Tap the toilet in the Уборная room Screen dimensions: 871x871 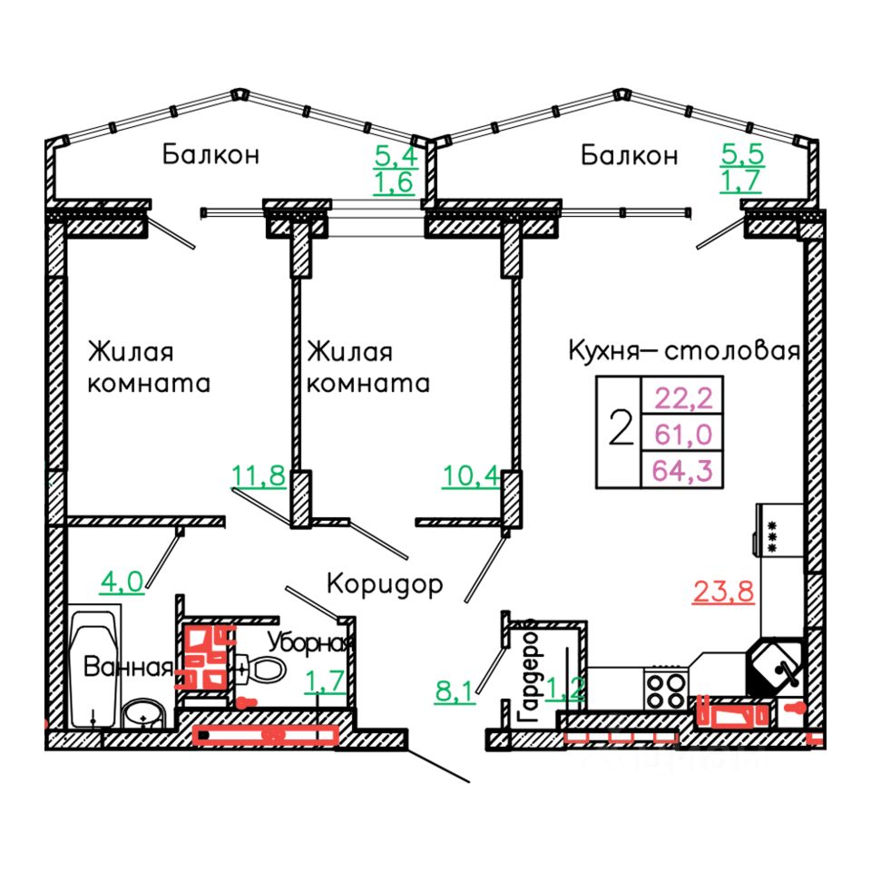262,670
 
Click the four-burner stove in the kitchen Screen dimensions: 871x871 668,689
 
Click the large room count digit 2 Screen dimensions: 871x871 621,429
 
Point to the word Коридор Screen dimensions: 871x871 385,583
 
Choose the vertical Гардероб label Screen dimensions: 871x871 530,675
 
